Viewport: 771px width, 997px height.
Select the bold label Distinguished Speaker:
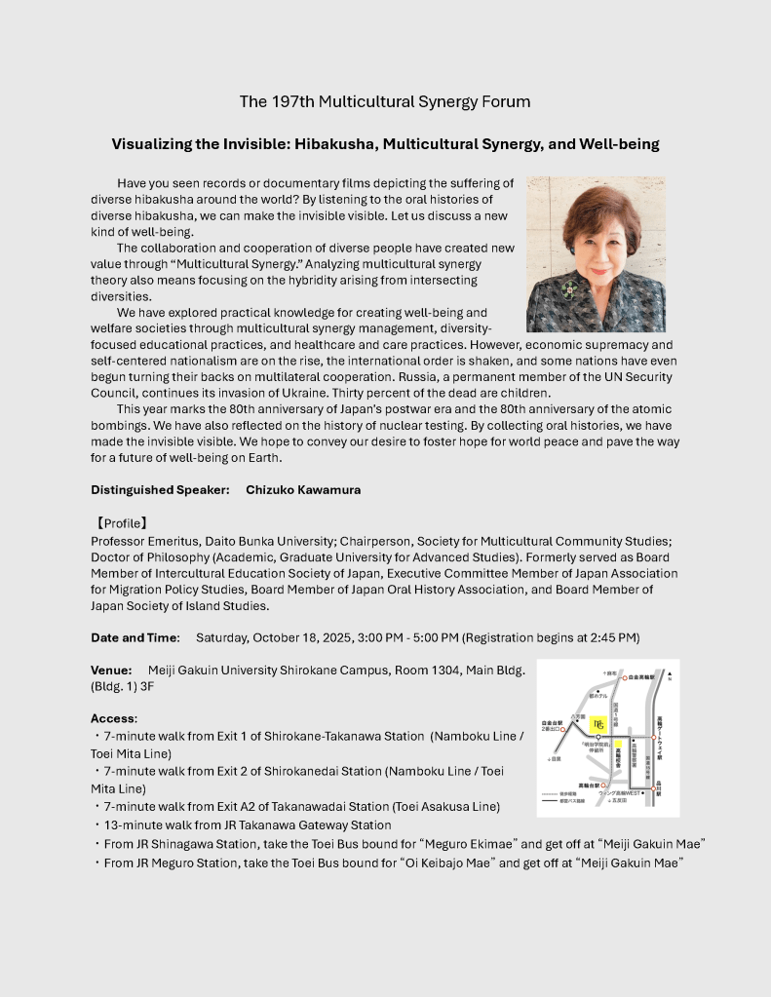(160, 490)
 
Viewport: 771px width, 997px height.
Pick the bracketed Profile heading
(120, 523)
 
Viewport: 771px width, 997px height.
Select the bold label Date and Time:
(135, 637)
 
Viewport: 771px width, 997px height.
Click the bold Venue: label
(111, 671)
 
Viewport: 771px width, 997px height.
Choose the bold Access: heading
(114, 718)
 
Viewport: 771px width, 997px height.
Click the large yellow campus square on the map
(598, 723)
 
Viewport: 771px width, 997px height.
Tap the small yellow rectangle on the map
(618, 745)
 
